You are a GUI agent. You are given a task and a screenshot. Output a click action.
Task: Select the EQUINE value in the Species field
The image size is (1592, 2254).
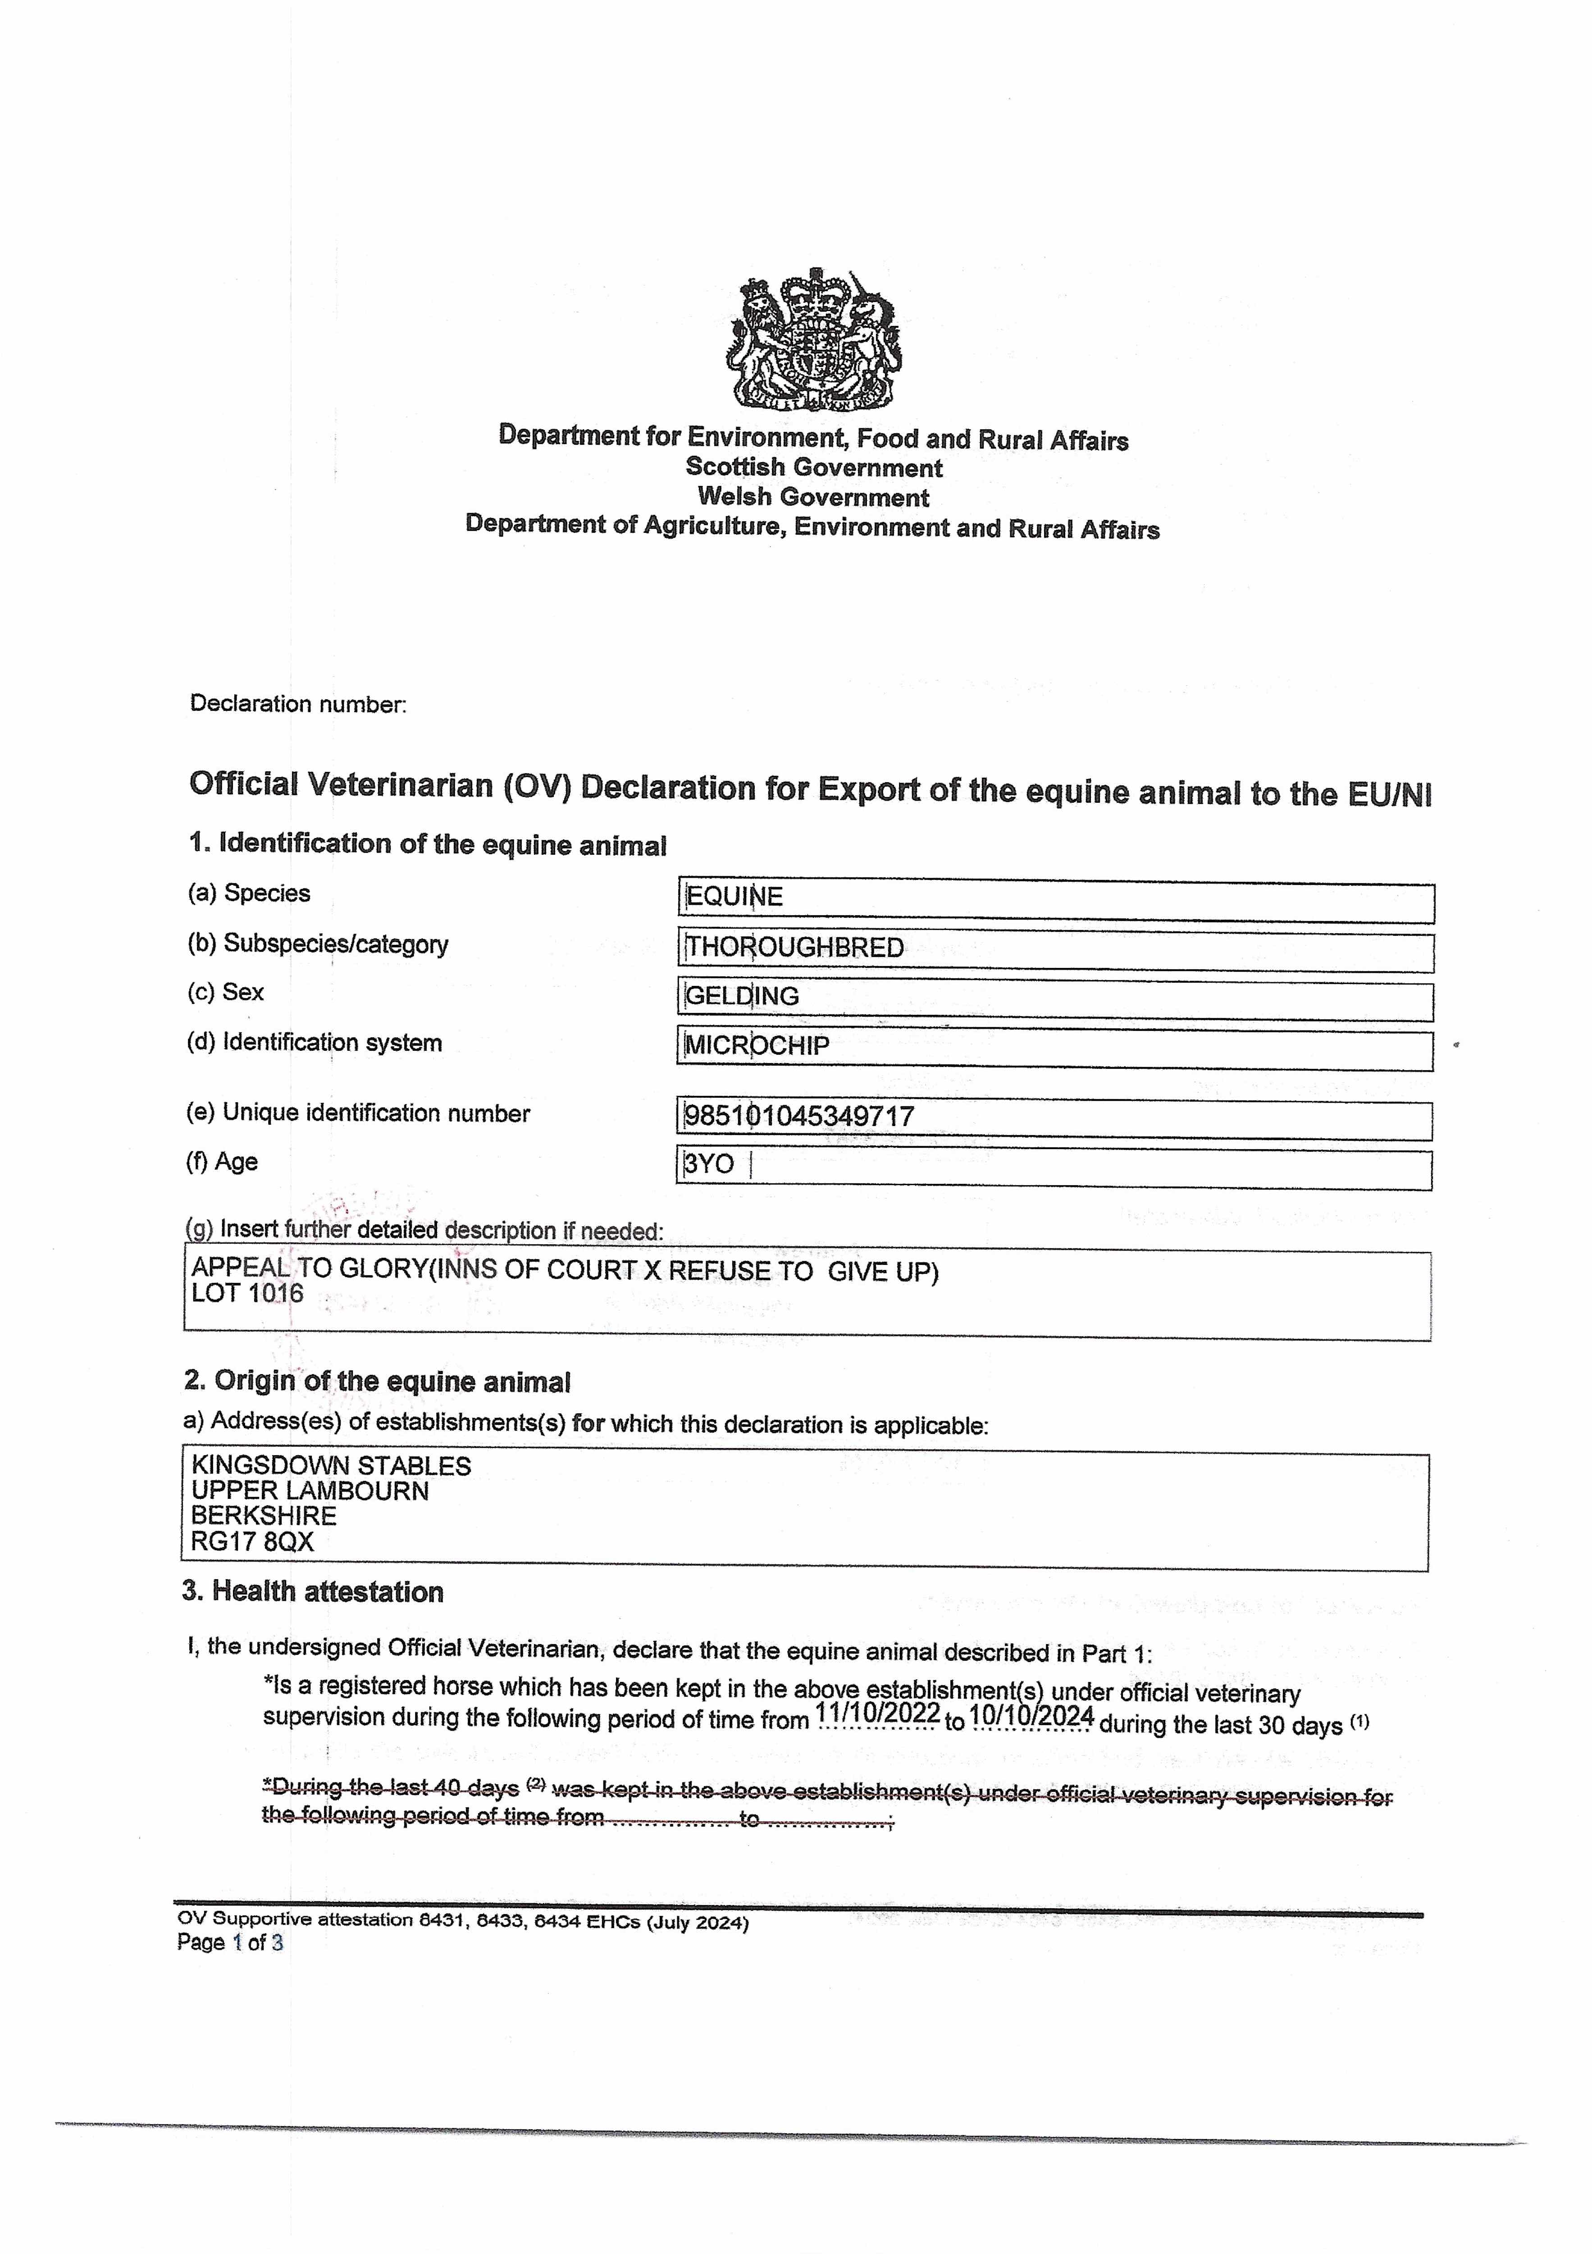point(734,896)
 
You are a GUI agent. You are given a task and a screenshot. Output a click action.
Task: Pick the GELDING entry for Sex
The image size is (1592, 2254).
point(742,996)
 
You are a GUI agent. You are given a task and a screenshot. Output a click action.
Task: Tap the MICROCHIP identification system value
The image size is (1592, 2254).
point(757,1045)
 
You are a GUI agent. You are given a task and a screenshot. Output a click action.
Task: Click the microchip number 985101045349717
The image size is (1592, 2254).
point(799,1116)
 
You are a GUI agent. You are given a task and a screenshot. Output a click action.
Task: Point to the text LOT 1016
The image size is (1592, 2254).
point(247,1294)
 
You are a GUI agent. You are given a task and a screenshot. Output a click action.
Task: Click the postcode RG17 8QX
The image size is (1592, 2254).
point(252,1542)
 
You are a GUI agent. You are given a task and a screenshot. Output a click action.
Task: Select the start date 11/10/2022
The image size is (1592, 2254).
point(877,1714)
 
